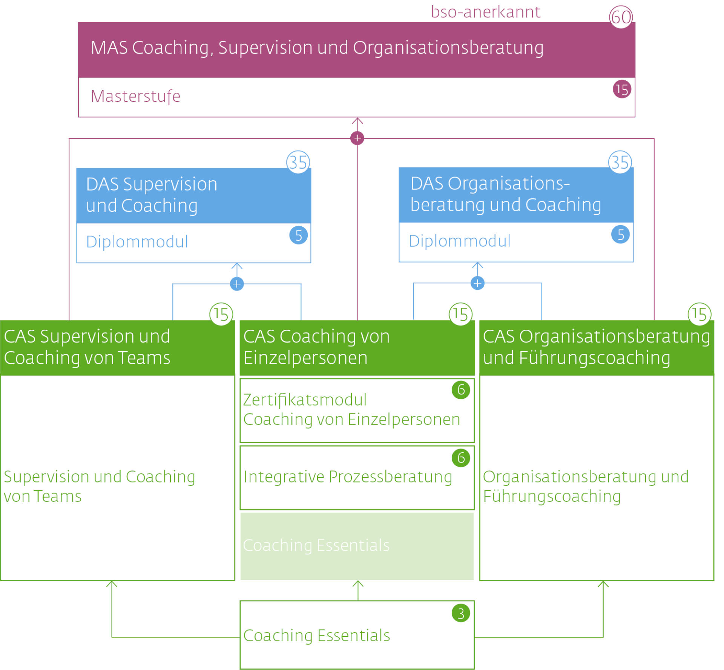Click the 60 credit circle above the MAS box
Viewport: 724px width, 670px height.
point(621,17)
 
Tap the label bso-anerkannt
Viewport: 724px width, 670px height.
point(485,12)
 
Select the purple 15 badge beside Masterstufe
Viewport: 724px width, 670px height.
point(621,89)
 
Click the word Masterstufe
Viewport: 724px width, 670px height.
point(135,96)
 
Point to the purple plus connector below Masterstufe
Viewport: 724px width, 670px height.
point(357,138)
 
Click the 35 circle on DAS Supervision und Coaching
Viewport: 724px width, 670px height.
point(298,162)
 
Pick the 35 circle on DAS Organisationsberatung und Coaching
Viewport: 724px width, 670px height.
point(620,162)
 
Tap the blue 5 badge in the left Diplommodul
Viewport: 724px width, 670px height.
point(298,235)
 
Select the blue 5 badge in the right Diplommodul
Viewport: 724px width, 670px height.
point(620,235)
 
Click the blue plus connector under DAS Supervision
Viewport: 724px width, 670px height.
point(237,284)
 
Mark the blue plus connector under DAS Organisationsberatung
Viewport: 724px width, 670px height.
point(477,283)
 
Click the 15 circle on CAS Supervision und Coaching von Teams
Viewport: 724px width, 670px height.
point(221,314)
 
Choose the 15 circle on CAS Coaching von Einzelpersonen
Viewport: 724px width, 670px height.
point(460,314)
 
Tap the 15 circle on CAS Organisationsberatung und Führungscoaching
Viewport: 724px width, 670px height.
point(699,314)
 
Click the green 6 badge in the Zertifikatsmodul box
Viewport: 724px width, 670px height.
point(460,390)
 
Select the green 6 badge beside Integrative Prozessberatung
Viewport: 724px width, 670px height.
point(460,458)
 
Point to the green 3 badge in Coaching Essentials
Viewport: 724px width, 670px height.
point(460,613)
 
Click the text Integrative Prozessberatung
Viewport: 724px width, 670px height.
point(348,476)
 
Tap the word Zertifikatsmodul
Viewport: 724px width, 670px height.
point(305,400)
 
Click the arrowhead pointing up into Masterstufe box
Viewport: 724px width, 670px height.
point(357,121)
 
